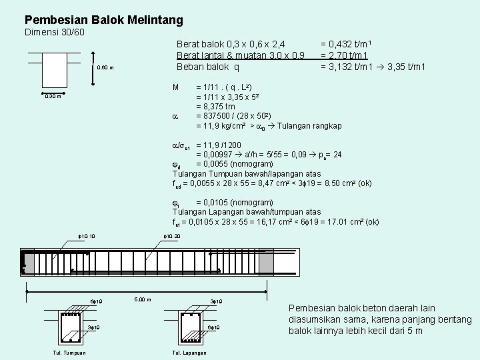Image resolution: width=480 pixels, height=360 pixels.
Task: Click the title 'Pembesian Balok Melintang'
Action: coord(103,21)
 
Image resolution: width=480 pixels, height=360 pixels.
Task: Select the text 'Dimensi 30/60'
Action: coord(54,33)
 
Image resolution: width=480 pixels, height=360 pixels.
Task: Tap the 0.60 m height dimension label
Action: coord(105,67)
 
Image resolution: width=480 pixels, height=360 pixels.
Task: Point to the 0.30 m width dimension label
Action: coord(53,96)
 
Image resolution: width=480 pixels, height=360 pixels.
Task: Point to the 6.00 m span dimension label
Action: coord(143,299)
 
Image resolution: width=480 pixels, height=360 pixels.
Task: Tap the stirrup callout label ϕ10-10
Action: coord(87,236)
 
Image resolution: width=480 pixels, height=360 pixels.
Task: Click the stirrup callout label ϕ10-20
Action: coord(172,236)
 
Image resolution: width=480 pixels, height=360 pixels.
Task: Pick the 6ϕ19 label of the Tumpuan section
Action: coord(96,302)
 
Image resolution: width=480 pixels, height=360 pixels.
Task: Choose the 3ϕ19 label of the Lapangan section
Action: coord(217,302)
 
